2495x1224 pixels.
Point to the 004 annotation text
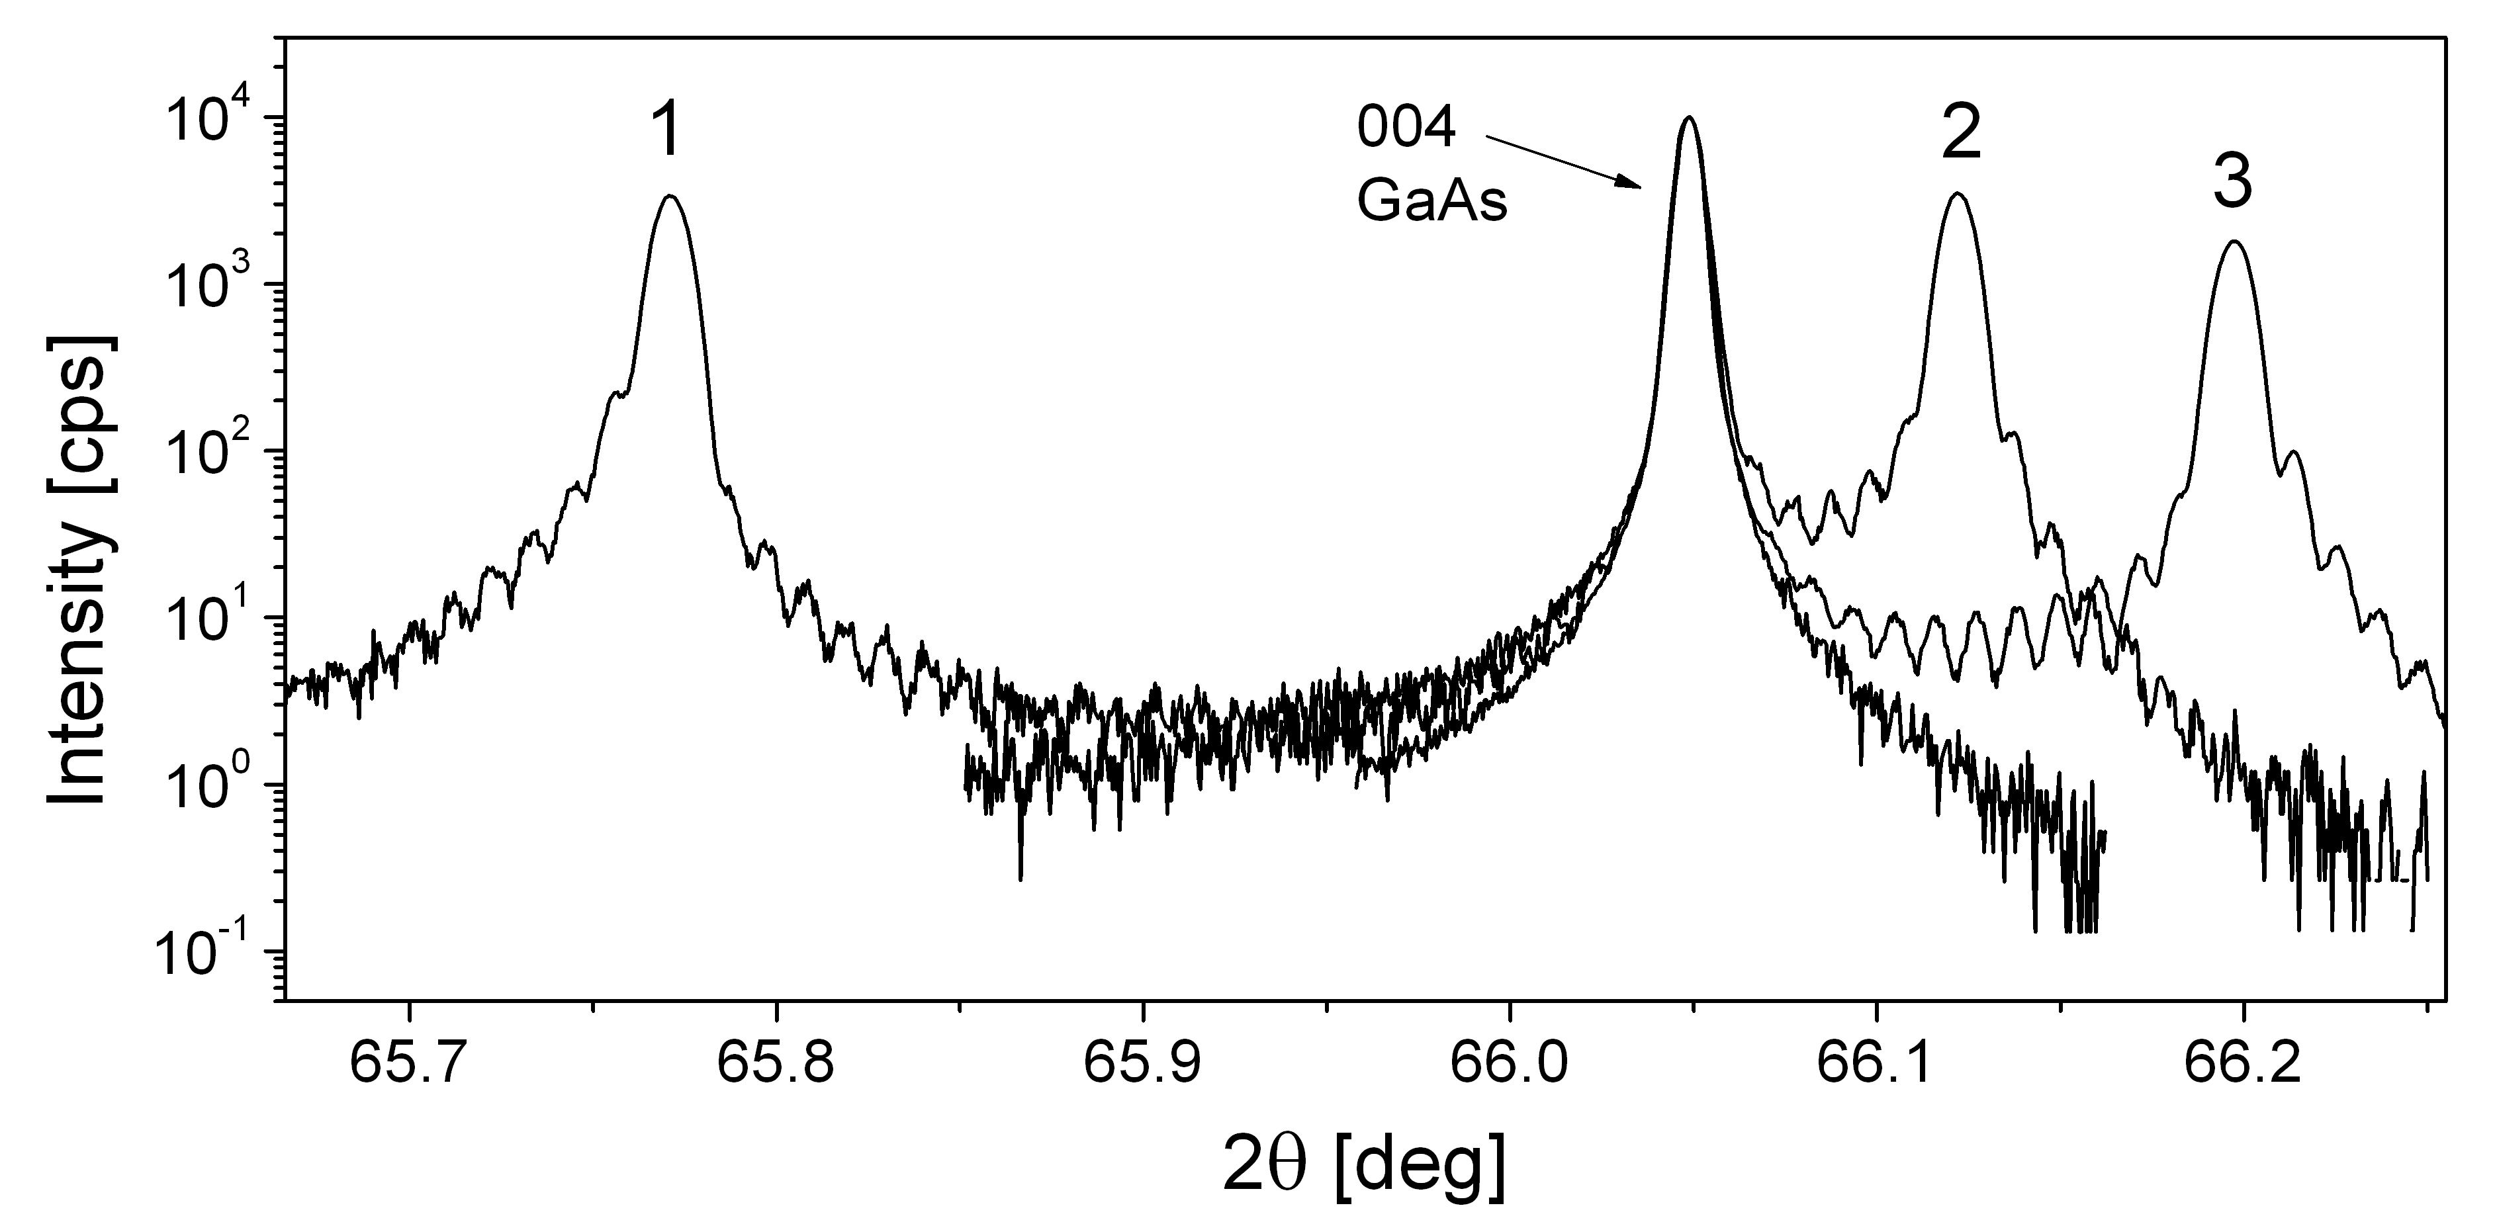click(x=1406, y=131)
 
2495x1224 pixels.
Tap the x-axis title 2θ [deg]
click(x=1365, y=1167)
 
